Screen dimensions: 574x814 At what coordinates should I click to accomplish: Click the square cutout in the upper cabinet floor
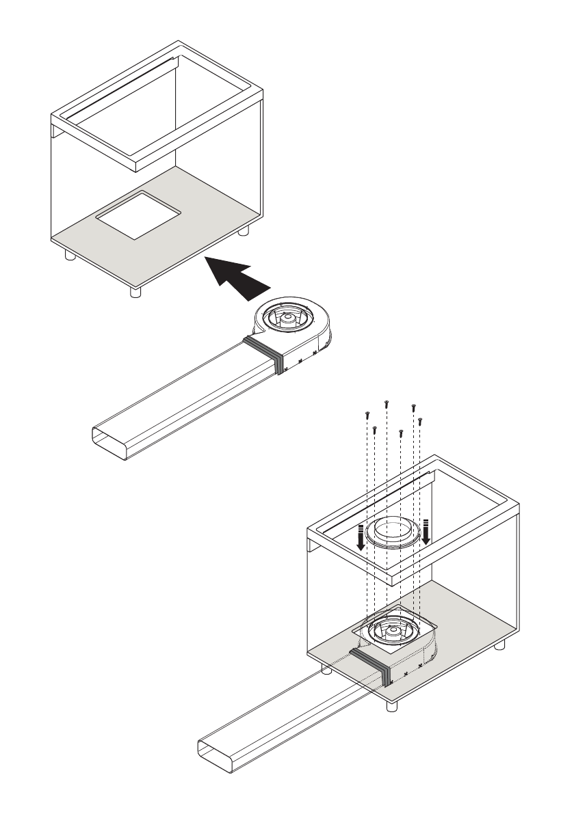click(138, 215)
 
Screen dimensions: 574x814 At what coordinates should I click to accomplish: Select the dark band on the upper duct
click(265, 353)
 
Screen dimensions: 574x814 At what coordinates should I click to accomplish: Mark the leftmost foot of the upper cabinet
click(68, 255)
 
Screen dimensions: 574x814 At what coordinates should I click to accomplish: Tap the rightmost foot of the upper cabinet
click(244, 231)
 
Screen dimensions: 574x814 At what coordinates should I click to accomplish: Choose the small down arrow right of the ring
click(426, 532)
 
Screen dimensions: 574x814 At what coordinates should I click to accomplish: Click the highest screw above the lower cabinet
click(387, 403)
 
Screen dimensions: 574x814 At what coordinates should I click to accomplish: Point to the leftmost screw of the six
click(367, 413)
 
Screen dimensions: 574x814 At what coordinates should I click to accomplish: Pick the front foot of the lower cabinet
click(392, 707)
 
